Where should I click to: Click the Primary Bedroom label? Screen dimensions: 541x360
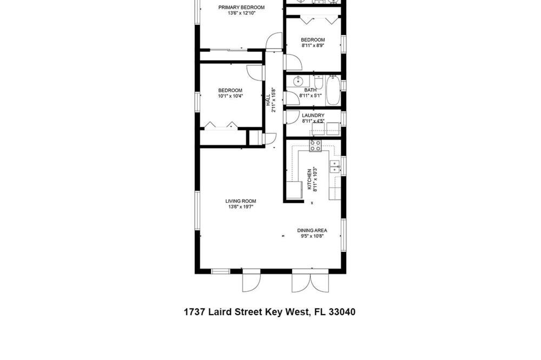241,7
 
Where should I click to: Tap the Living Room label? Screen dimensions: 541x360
241,201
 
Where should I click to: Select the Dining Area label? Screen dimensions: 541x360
312,230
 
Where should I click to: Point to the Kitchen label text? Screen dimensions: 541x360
309,179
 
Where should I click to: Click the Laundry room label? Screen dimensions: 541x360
313,115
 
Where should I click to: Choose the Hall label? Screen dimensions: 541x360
268,100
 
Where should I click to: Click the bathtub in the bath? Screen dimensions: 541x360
333,90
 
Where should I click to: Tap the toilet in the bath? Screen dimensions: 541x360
319,82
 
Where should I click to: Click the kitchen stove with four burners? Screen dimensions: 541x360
315,146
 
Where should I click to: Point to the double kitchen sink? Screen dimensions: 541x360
335,166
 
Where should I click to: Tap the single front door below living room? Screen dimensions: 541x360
251,283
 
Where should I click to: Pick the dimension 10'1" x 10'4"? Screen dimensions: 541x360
230,96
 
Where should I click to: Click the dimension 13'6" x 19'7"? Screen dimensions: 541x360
241,207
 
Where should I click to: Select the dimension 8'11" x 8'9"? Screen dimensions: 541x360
313,45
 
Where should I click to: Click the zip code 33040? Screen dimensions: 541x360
342,312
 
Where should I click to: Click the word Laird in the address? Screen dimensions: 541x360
221,312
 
